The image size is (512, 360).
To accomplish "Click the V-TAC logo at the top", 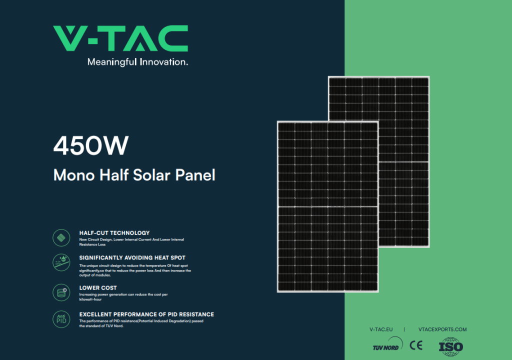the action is [120, 38].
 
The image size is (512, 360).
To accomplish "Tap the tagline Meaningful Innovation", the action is [137, 62].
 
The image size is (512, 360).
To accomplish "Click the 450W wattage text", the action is [91, 145].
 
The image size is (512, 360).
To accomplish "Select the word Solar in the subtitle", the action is [152, 175].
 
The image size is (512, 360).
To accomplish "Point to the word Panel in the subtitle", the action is [195, 175].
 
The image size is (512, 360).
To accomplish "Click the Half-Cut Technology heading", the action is [114, 233].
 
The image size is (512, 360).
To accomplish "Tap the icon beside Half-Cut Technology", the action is [61, 237].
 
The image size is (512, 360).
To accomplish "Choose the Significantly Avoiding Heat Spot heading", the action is [132, 257].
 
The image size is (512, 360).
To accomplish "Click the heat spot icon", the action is [61, 262].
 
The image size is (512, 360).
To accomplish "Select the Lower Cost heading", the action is [98, 288].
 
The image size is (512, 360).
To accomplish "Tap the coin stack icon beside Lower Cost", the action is [61, 292].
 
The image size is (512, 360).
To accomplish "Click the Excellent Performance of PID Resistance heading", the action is [146, 314].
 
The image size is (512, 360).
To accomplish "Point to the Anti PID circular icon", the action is [61, 319].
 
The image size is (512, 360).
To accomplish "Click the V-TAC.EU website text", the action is [381, 329].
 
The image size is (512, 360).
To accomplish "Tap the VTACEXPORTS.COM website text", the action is [442, 329].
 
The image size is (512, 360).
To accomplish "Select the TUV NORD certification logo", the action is [387, 344].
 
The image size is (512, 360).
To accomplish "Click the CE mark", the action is [416, 345].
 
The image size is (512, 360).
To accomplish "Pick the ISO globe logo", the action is [451, 346].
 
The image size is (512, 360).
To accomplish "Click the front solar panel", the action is [328, 206].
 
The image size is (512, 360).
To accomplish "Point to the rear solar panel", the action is [404, 161].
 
